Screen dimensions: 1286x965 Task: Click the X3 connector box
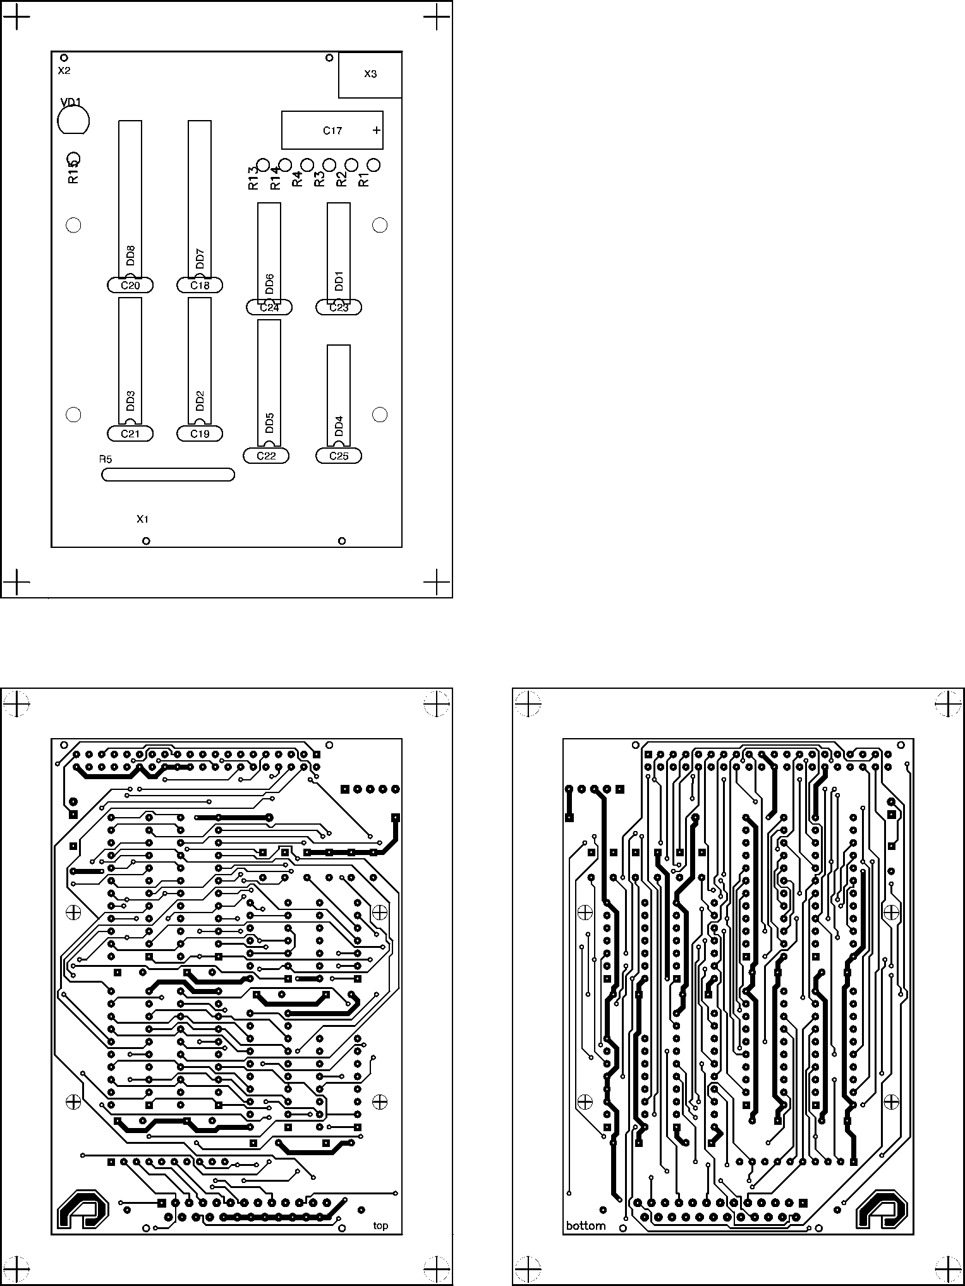tap(370, 75)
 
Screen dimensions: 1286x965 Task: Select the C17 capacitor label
tap(332, 131)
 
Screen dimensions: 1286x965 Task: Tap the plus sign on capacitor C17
tap(377, 131)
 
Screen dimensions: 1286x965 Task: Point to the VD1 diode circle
tap(73, 120)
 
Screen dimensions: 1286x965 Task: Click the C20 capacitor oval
tap(130, 286)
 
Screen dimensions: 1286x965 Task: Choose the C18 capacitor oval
tap(200, 286)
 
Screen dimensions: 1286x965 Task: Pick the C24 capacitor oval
tap(269, 308)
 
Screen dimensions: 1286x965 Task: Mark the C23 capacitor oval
tap(339, 308)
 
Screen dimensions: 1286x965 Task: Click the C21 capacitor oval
tap(130, 434)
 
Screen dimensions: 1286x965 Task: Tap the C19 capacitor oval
tap(200, 434)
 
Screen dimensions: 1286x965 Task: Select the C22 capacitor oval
tap(266, 456)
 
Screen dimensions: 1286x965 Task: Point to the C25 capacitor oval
tap(339, 456)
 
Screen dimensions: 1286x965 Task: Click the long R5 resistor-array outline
tap(168, 475)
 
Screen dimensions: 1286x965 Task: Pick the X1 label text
tap(143, 519)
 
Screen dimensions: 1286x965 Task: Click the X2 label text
tap(64, 71)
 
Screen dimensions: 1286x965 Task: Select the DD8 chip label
tap(130, 255)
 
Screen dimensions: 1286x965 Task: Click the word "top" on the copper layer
tap(380, 1225)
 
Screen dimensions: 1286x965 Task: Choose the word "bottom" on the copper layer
tap(586, 1226)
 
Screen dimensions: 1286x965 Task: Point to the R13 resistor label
tap(253, 178)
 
